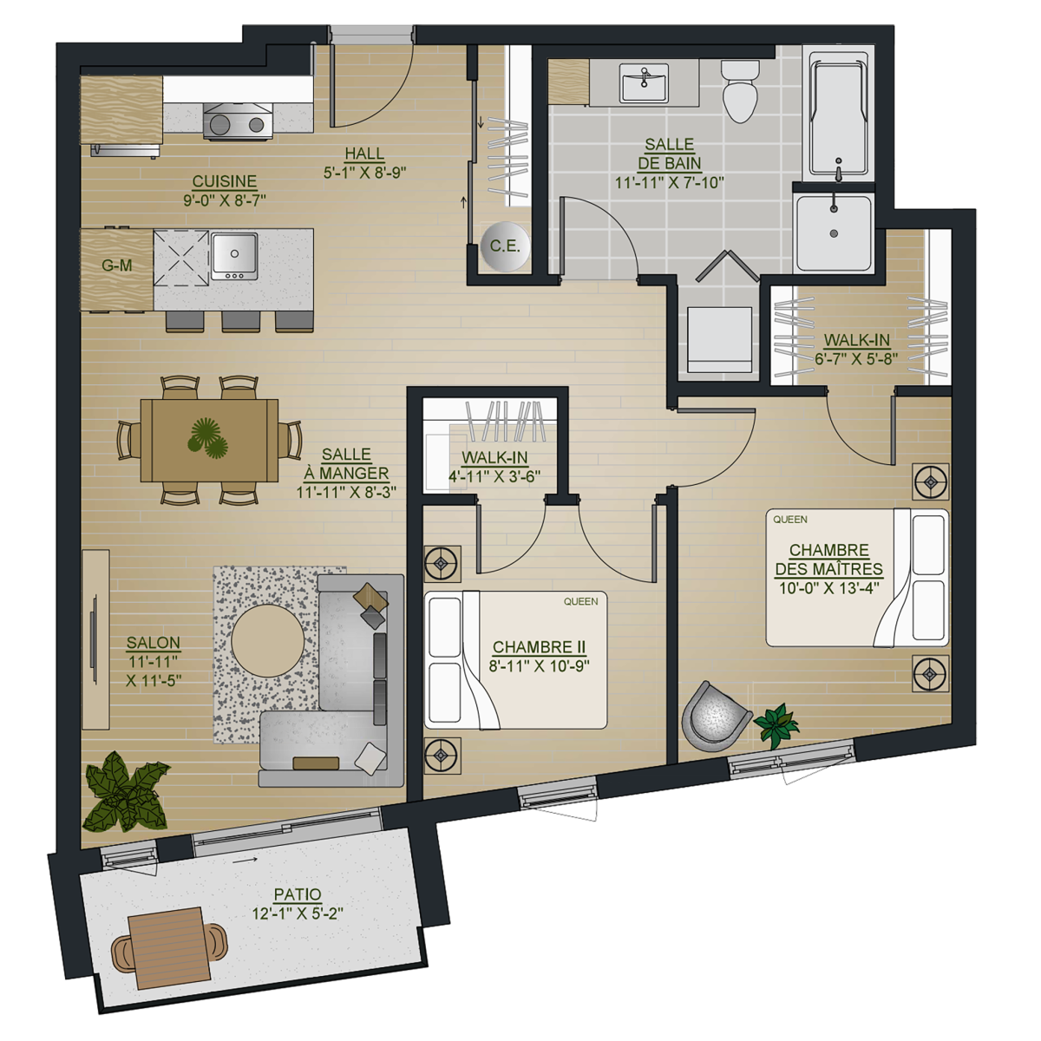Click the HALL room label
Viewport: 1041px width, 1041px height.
point(364,154)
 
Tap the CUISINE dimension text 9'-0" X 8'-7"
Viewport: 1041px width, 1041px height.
point(224,200)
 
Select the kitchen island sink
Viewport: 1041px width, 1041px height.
point(234,256)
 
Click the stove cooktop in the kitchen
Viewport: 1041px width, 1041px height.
point(238,121)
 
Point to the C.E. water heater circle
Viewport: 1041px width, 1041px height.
point(505,246)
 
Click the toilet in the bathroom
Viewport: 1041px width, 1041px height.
point(740,91)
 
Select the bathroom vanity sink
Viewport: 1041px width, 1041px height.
point(644,82)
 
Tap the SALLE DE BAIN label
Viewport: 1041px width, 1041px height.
point(670,154)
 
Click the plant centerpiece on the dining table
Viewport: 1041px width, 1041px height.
point(207,437)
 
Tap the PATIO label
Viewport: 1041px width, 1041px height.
point(298,894)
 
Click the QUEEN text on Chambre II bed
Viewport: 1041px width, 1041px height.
point(580,601)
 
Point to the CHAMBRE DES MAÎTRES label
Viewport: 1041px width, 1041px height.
point(828,560)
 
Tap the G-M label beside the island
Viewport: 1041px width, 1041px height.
point(117,265)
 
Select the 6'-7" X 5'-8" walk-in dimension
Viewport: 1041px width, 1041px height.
point(856,358)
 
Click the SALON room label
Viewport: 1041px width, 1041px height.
point(154,642)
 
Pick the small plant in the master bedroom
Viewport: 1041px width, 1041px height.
point(776,724)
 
